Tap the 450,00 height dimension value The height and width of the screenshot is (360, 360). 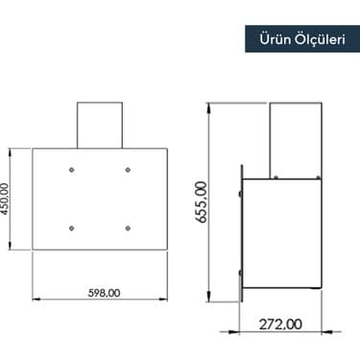7,202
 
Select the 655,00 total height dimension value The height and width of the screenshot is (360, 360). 201,200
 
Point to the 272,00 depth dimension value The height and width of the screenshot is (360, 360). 280,324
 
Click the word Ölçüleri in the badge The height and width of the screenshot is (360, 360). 316,41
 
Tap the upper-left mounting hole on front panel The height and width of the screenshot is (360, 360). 72,169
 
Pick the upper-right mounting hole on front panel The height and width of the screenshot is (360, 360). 128,169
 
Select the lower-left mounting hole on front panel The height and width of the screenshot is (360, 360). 72,228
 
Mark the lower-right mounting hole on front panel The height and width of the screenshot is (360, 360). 128,228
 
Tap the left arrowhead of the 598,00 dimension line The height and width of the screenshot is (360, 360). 36,298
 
